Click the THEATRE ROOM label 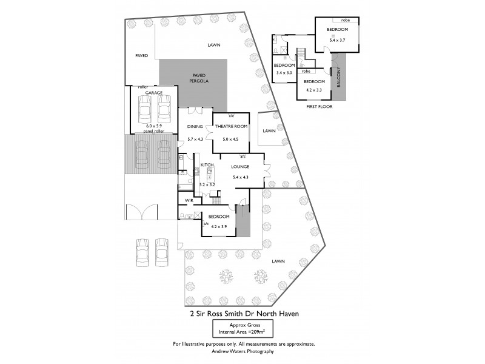click(x=231, y=127)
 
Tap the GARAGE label click(x=154, y=93)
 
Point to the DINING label click(x=195, y=127)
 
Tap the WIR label click(x=188, y=200)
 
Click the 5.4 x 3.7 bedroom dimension click(x=337, y=40)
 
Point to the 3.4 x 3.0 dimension click(x=284, y=73)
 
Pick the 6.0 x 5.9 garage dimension click(x=154, y=126)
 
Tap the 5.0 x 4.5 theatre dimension click(x=230, y=139)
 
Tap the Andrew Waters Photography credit click(x=242, y=351)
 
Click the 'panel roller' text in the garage click(x=154, y=131)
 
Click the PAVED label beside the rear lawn click(x=141, y=56)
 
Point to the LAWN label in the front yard click(x=278, y=261)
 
